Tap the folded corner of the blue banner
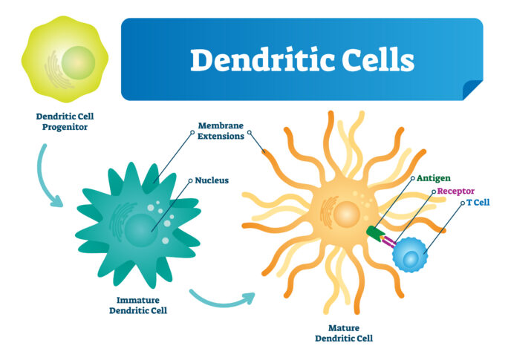tap(472, 90)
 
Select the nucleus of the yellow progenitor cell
tap(78, 62)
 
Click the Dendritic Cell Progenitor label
tap(65, 122)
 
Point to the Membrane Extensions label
tap(221, 131)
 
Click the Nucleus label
tap(212, 180)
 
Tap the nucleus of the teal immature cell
tap(141, 229)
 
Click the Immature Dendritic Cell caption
tap(138, 305)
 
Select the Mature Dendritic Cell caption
tap(344, 333)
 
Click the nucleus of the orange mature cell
tap(346, 214)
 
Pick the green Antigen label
tap(434, 178)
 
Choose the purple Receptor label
tap(455, 191)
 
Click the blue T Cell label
tap(478, 203)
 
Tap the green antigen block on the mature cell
tap(375, 233)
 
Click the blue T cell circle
tap(410, 255)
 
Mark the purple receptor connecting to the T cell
tap(388, 241)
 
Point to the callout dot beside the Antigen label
tap(412, 178)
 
